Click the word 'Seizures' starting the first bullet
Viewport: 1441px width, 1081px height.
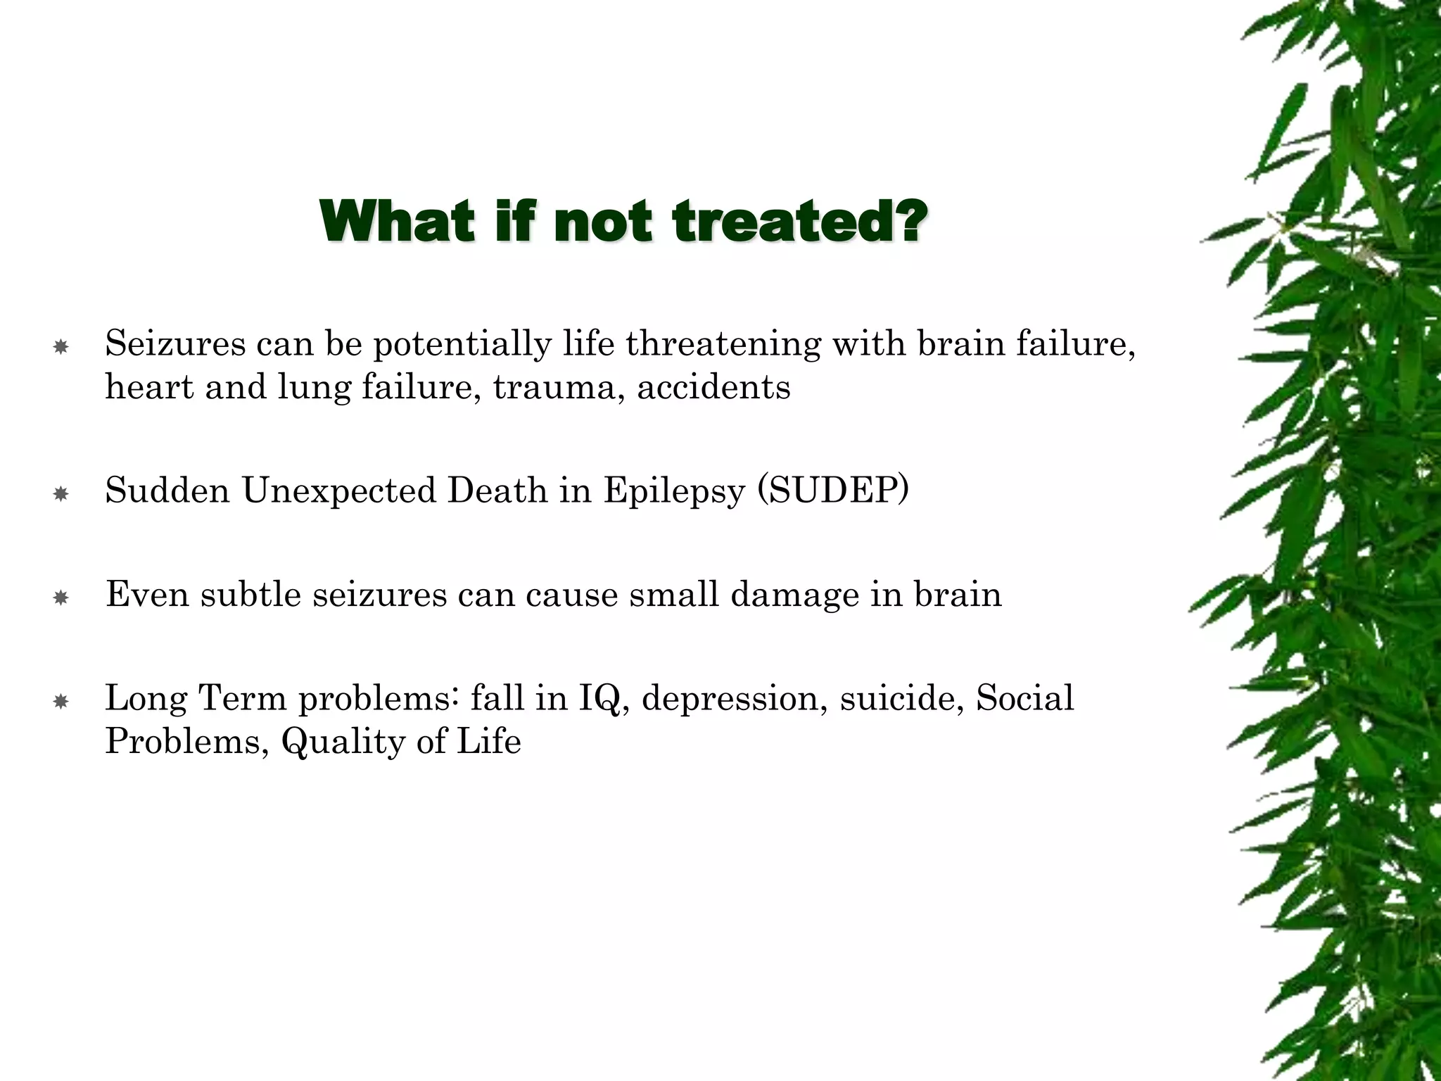pyautogui.click(x=175, y=344)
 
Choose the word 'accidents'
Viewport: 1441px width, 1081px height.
pyautogui.click(x=713, y=388)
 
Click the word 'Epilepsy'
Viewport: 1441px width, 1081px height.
pyautogui.click(x=673, y=491)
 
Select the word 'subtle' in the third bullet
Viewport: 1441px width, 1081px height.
pyautogui.click(x=251, y=594)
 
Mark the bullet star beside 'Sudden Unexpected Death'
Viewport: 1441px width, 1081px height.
pyautogui.click(x=61, y=495)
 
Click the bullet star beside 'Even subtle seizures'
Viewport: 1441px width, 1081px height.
pyautogui.click(x=61, y=598)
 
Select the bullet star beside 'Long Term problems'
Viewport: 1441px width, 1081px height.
pyautogui.click(x=61, y=702)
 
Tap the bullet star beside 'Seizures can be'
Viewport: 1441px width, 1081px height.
pyautogui.click(x=61, y=347)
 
